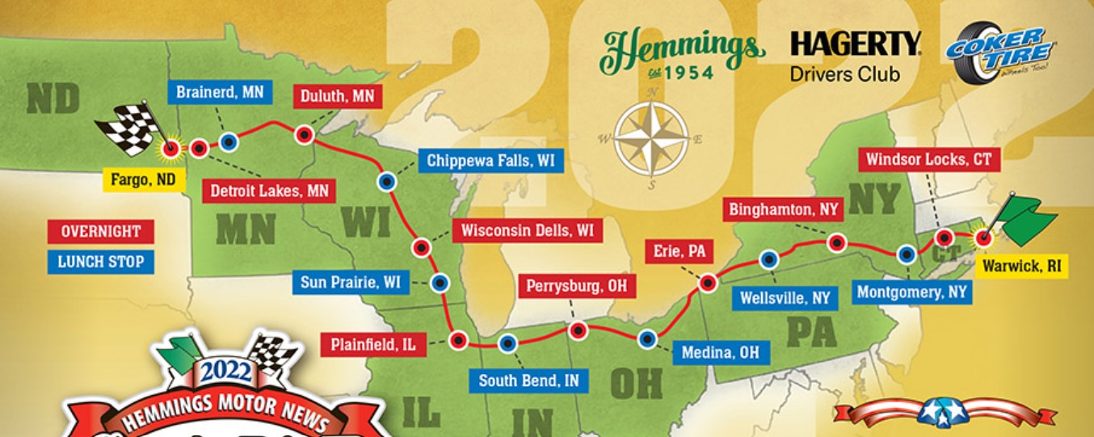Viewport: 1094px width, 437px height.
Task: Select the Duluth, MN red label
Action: point(337,96)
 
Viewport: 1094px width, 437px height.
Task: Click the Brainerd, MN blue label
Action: point(220,92)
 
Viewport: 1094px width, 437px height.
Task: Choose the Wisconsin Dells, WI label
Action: point(527,230)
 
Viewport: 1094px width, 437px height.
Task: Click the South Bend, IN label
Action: point(528,380)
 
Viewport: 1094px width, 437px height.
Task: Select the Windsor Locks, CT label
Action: point(928,159)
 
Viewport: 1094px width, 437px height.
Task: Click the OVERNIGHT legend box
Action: point(100,232)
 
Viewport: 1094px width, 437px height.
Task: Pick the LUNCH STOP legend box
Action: point(100,262)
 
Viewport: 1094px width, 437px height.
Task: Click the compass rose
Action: point(651,139)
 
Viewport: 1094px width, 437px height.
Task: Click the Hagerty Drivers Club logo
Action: point(856,56)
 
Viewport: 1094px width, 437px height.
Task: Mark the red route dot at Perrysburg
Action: point(578,330)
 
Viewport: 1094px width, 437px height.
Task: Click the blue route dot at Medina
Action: point(646,339)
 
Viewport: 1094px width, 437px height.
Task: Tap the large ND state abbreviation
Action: point(53,100)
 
